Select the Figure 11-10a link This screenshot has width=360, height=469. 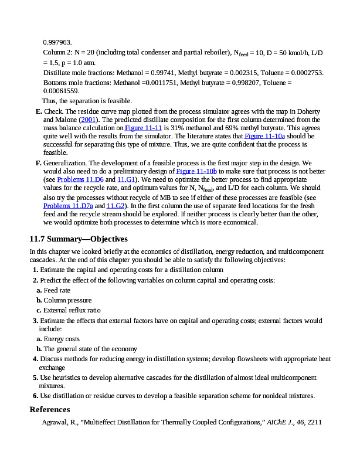[263, 135]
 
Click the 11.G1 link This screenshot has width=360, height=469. [126, 179]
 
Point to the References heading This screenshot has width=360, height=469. [50, 409]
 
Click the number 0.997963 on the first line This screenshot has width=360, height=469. [57, 42]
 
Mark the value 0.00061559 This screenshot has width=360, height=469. [61, 91]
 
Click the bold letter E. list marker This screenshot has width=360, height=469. [39, 111]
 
